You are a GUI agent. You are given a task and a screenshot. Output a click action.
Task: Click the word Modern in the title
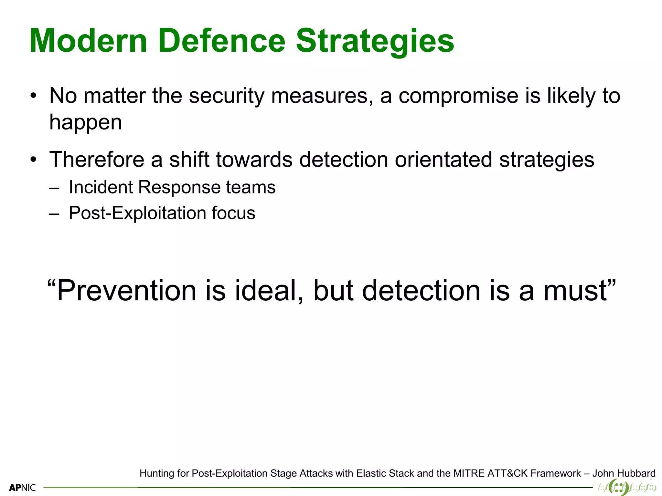pos(88,41)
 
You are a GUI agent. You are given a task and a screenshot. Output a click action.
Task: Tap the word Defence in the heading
pos(222,41)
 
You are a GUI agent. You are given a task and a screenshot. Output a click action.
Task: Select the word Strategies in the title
pos(375,41)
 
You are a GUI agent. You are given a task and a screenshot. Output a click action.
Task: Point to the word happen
pos(86,122)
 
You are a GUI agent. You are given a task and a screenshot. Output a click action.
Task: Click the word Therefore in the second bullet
pos(97,160)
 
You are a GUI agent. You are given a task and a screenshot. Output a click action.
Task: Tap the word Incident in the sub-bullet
pos(100,187)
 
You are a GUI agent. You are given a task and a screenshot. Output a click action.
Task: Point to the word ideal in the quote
pos(269,291)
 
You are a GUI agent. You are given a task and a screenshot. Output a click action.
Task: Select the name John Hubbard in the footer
pos(624,473)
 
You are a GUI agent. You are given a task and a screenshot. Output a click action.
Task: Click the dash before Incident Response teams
pos(54,188)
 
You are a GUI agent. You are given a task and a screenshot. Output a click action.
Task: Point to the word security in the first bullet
pos(227,96)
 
